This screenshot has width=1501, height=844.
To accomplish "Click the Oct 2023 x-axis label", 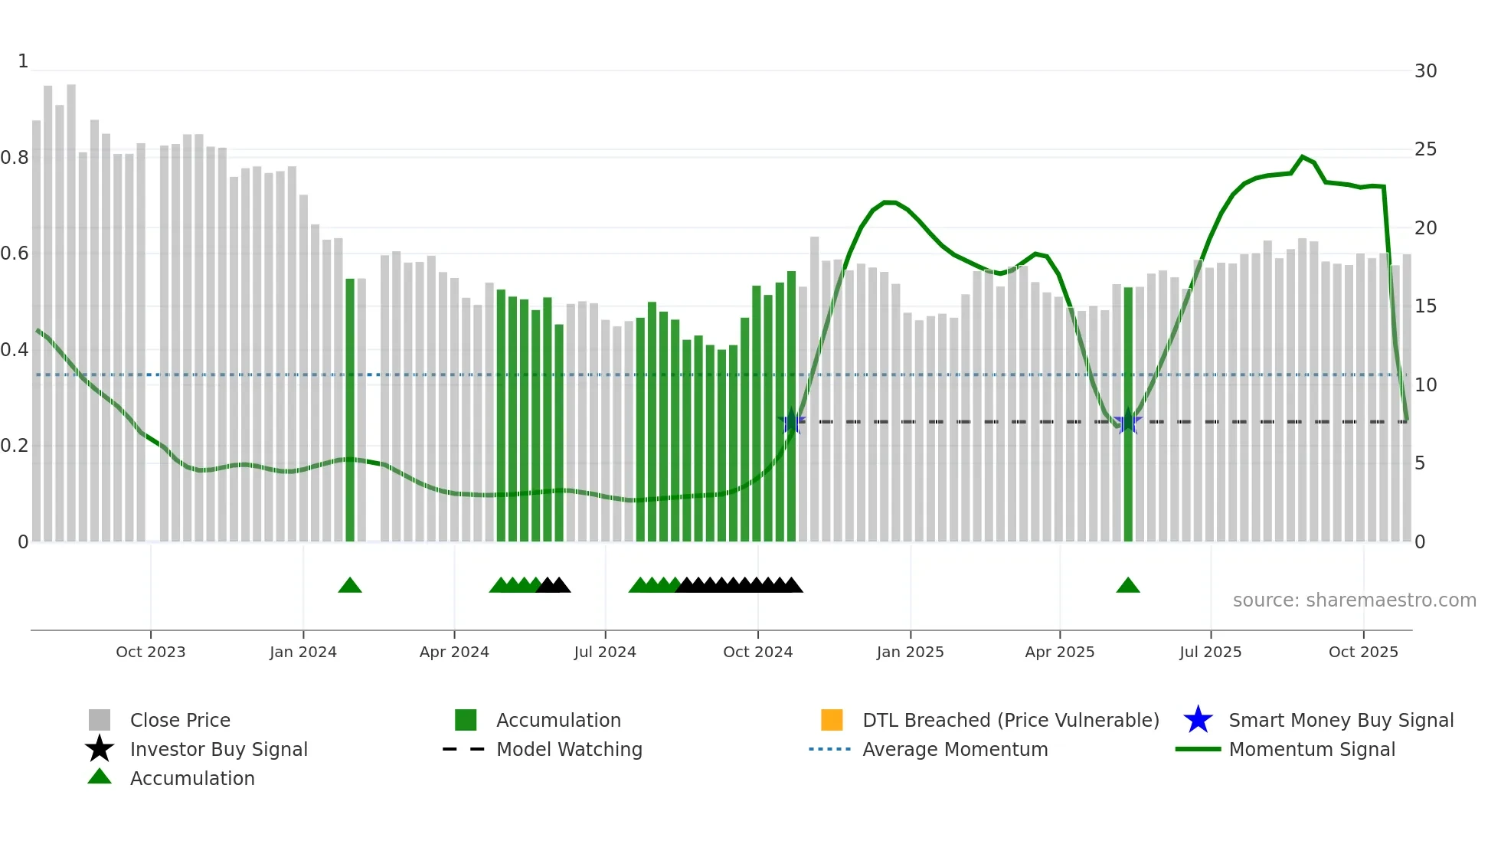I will (150, 652).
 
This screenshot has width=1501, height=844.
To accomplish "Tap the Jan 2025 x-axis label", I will (910, 652).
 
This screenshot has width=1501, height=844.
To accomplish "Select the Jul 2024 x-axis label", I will (605, 652).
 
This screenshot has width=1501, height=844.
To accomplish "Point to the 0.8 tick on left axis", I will (15, 158).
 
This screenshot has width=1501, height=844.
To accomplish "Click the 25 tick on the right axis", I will (1425, 149).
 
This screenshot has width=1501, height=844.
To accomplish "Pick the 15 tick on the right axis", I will (1425, 306).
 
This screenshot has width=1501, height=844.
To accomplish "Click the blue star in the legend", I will (1198, 720).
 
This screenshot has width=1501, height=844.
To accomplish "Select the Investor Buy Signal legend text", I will (218, 749).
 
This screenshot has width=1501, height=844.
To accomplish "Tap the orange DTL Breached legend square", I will (832, 720).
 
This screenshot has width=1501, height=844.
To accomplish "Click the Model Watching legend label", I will (569, 749).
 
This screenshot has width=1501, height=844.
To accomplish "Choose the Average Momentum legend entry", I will (954, 749).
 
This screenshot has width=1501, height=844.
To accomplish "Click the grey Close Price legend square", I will (100, 720).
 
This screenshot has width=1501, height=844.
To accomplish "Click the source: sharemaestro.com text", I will (1354, 600).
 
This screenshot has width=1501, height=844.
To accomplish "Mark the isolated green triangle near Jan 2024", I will (350, 586).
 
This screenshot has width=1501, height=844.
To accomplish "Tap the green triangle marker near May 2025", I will (1128, 586).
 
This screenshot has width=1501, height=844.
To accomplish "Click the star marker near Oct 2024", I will (792, 421).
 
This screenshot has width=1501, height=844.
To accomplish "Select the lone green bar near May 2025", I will (1128, 414).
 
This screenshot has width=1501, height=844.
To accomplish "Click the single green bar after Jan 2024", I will (350, 410).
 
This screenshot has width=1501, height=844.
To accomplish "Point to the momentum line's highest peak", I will (1302, 157).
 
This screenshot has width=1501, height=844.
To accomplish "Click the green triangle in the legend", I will (100, 777).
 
